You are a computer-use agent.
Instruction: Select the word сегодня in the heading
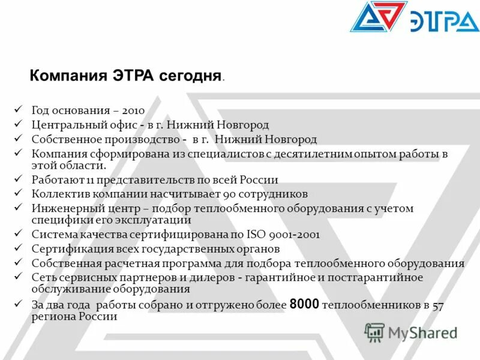[190, 77]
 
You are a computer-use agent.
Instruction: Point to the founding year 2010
[133, 110]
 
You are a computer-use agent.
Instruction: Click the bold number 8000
[304, 304]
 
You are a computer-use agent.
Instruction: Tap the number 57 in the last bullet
[438, 305]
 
